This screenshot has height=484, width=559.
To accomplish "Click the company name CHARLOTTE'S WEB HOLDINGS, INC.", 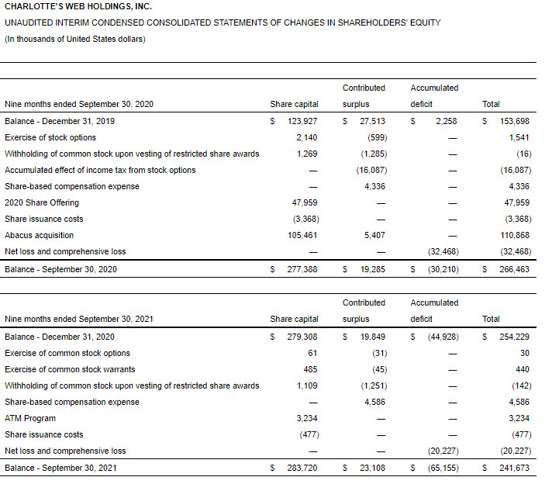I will point(73,7).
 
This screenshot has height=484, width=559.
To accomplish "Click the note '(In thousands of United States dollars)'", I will point(75,40).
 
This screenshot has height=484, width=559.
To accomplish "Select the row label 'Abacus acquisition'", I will point(40,235).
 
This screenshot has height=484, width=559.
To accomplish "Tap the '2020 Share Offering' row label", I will point(42,202).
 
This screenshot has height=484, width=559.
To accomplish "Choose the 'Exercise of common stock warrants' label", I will point(70,369).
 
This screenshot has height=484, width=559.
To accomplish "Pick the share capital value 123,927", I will point(302,121).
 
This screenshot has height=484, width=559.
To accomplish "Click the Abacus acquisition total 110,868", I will point(515,235).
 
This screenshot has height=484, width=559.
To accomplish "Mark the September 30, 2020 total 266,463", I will point(515,268).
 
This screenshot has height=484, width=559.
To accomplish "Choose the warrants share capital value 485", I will point(310,369).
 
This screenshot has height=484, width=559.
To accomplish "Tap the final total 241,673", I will point(515,468).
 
